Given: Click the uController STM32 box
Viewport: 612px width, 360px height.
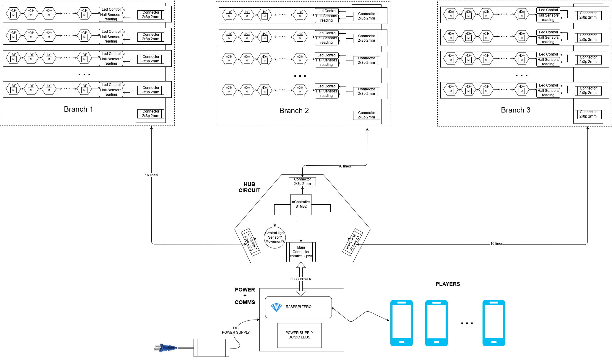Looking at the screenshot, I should [x=301, y=204].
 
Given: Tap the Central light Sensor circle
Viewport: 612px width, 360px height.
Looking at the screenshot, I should [x=275, y=237].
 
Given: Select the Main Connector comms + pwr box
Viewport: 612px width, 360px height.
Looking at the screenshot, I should [x=301, y=252].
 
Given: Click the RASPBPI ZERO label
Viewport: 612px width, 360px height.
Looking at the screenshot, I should [x=298, y=307].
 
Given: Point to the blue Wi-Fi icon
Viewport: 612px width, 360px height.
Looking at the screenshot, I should [x=276, y=307].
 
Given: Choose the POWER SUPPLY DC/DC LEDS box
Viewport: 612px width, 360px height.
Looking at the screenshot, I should [x=299, y=335].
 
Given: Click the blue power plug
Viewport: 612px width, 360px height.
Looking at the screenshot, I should [x=165, y=348].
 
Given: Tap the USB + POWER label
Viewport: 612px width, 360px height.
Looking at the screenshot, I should [x=301, y=279].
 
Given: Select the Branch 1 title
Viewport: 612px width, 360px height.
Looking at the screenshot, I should [x=78, y=109].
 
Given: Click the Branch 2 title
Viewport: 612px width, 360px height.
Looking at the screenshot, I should [x=294, y=111].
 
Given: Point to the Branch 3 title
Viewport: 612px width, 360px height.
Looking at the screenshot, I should [x=516, y=110].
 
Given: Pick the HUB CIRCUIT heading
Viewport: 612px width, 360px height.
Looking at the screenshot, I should [x=249, y=187].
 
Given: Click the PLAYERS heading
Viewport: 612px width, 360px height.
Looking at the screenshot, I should [x=448, y=284].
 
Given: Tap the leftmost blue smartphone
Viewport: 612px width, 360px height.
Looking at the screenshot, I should [x=401, y=323].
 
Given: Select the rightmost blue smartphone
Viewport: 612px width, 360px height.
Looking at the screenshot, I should [x=494, y=323].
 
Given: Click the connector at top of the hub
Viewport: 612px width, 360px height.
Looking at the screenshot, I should [x=302, y=182].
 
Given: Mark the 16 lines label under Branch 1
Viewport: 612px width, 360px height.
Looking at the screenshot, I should [x=151, y=175].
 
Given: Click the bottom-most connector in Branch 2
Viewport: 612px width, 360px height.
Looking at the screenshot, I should [x=366, y=115].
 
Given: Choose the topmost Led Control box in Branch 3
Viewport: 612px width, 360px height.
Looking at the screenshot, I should [x=548, y=10].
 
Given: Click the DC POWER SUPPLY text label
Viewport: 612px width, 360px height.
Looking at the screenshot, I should [x=236, y=330].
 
